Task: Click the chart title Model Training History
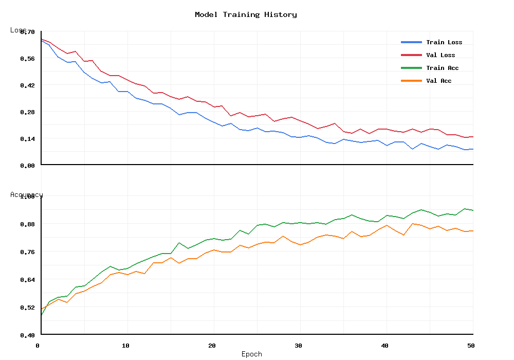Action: click(x=246, y=14)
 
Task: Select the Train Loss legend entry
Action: click(x=444, y=42)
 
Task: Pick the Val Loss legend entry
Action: click(x=440, y=55)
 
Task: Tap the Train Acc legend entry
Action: click(x=442, y=68)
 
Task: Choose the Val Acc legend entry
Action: click(x=438, y=81)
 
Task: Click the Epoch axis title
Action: click(x=252, y=354)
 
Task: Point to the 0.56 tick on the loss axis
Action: click(x=27, y=59)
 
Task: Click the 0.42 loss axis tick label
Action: click(x=27, y=85)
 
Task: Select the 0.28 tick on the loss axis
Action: click(x=27, y=112)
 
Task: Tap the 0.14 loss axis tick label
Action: click(x=27, y=139)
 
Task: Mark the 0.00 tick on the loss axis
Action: click(x=27, y=166)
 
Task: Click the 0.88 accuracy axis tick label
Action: click(x=27, y=224)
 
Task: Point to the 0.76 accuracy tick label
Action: click(x=27, y=252)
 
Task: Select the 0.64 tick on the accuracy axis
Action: click(x=27, y=280)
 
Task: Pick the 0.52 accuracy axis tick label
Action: click(x=27, y=308)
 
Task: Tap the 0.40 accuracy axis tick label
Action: click(x=27, y=335)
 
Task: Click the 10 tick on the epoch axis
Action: click(x=125, y=346)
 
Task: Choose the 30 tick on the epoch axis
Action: click(x=298, y=346)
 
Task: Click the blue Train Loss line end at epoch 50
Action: click(x=472, y=149)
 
